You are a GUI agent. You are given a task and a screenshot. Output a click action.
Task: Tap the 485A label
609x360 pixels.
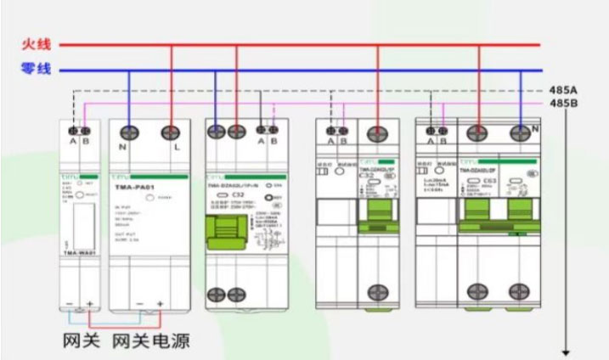tap(564, 90)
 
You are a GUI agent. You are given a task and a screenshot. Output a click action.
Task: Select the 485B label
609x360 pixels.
tap(564, 104)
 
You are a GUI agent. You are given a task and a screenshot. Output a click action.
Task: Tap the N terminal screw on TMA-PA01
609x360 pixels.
tap(128, 132)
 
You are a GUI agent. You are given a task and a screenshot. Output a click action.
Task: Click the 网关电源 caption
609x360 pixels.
tap(150, 341)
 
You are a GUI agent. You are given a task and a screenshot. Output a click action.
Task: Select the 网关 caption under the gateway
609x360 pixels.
tap(82, 341)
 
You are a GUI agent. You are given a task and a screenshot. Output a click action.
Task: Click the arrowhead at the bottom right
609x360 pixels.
tap(564, 351)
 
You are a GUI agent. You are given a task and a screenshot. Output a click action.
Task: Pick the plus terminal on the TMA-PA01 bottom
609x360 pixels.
tap(160, 303)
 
